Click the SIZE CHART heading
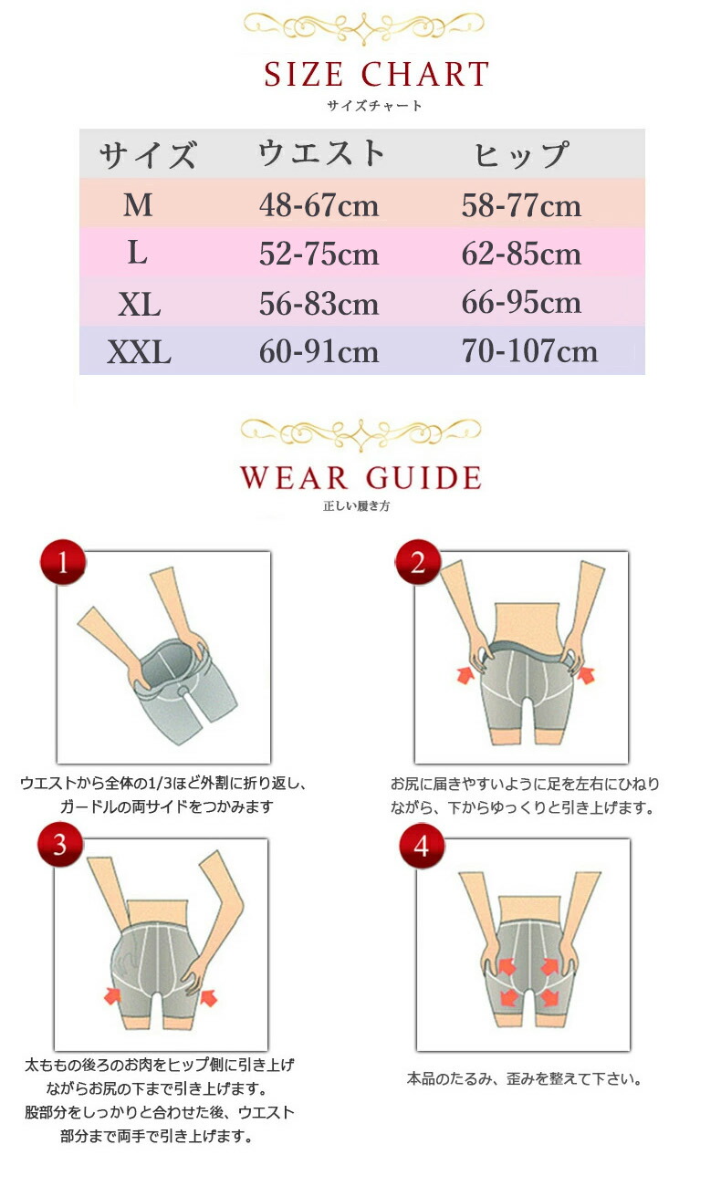tap(376, 74)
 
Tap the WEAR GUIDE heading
tap(360, 477)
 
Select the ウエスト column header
tap(321, 153)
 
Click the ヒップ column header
tap(521, 154)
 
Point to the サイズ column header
tap(148, 155)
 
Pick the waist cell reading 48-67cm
tap(319, 205)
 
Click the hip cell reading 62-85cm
tap(521, 254)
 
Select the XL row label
tap(139, 305)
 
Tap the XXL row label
tap(139, 352)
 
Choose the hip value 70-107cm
tap(529, 351)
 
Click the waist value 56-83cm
tap(319, 304)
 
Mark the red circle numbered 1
tap(63, 562)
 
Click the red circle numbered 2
tap(418, 562)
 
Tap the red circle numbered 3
tap(60, 845)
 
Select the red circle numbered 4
tap(422, 846)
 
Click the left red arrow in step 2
tap(465, 675)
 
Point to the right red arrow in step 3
tap(208, 997)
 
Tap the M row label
tap(138, 205)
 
